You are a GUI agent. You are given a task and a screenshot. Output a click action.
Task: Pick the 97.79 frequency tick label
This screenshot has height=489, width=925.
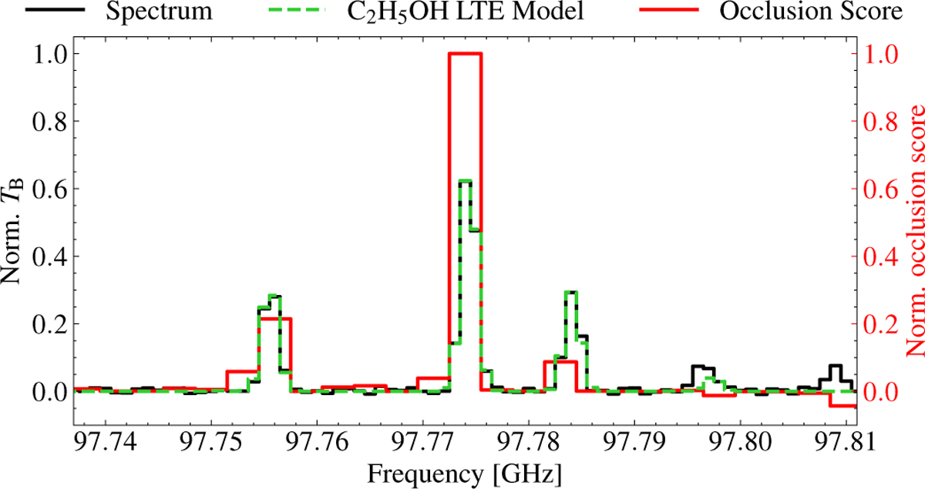pos(634,445)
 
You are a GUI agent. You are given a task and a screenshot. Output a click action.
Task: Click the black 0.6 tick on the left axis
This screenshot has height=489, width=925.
pos(48,189)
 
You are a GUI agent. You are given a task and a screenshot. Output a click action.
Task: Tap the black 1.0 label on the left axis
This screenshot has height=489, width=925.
pos(48,54)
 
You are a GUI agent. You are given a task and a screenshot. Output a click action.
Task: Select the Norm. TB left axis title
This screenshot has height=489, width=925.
pos(17,223)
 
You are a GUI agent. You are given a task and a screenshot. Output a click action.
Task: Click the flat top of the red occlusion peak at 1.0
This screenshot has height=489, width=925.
pos(465,53)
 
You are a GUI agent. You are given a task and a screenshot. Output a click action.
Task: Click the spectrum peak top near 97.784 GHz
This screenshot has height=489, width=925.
pos(571,292)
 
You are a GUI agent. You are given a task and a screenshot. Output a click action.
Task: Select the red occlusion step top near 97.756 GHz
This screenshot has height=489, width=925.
pos(275,318)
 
